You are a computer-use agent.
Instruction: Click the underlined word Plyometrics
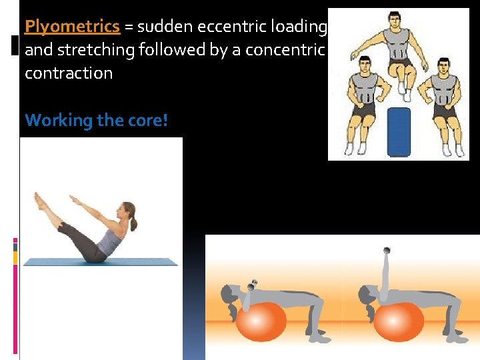72,27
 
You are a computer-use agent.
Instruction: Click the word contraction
69,73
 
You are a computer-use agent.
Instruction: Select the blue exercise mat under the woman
100,262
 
